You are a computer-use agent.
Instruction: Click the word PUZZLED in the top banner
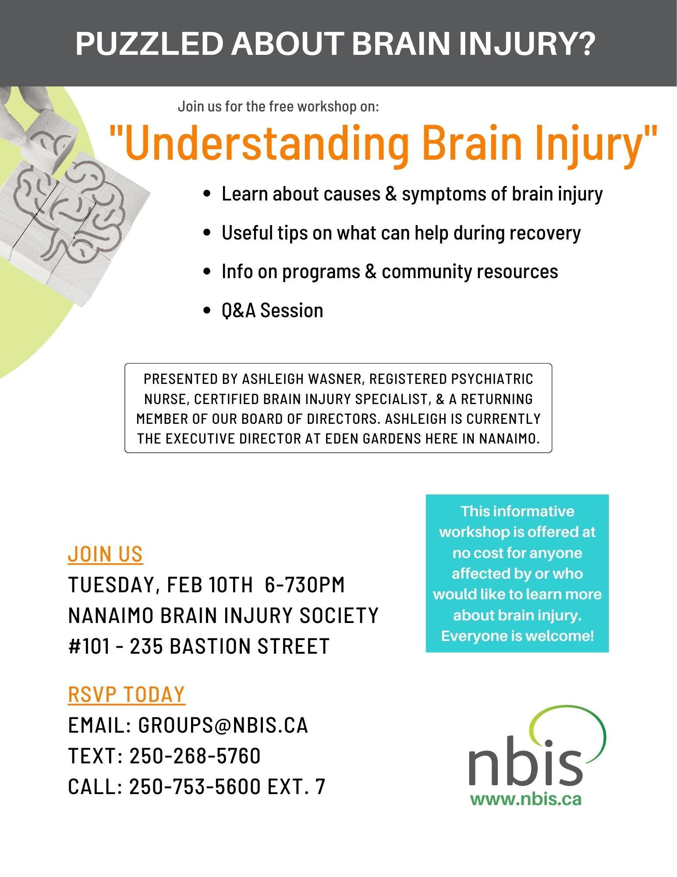[149, 44]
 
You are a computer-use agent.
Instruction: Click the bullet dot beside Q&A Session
[207, 311]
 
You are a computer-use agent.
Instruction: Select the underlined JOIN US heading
[105, 555]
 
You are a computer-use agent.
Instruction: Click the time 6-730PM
[305, 585]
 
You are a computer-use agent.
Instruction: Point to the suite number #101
[89, 646]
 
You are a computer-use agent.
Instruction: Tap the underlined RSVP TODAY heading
[126, 695]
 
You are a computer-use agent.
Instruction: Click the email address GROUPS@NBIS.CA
[223, 725]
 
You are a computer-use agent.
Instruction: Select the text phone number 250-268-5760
[195, 756]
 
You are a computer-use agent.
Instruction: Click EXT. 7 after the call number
[296, 787]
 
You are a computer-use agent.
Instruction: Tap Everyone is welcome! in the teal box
[517, 636]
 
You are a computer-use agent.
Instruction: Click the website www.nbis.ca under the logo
[525, 799]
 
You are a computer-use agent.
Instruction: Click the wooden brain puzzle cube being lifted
[48, 138]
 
